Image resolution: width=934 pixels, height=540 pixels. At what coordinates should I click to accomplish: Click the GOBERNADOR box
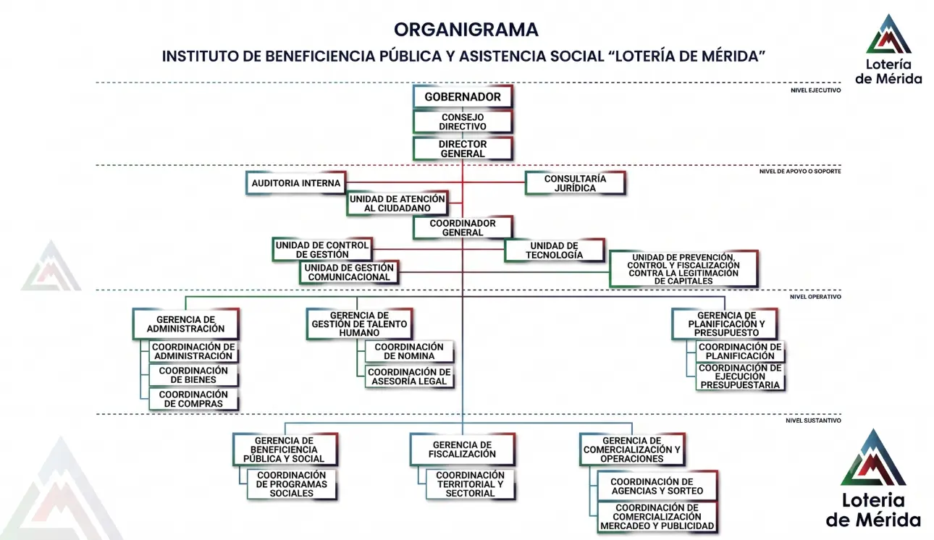[463, 97]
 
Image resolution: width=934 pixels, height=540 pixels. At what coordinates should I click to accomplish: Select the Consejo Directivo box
[463, 122]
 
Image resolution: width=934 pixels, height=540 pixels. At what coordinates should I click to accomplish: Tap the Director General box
[463, 149]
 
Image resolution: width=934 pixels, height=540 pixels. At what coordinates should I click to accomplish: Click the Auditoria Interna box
[296, 183]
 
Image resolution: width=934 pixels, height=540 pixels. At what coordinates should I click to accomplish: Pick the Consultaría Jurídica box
[576, 183]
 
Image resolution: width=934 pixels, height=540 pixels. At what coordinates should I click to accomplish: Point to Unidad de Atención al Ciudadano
[397, 203]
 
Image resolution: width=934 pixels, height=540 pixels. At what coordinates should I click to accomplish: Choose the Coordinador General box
[463, 228]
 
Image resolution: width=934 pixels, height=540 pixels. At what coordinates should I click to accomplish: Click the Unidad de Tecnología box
[555, 250]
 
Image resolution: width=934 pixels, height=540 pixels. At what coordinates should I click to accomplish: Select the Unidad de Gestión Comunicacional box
[349, 272]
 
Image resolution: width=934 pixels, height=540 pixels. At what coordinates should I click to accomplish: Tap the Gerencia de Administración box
[186, 324]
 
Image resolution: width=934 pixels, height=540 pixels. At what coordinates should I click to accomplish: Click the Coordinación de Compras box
[193, 399]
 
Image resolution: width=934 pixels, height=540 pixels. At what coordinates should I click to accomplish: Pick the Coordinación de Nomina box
[410, 352]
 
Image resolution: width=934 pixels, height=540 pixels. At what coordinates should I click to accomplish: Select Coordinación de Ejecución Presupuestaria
[740, 376]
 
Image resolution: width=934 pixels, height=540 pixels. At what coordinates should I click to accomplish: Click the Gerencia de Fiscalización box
[463, 450]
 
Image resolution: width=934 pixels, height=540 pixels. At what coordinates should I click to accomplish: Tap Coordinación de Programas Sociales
[292, 484]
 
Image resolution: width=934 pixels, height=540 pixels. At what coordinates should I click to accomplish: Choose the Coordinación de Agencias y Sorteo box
[657, 486]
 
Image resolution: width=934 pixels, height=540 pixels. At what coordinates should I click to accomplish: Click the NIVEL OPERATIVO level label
[815, 297]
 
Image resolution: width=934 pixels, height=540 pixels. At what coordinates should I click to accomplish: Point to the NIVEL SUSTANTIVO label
[813, 421]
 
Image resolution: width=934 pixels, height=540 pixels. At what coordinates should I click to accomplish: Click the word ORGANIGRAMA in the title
[466, 30]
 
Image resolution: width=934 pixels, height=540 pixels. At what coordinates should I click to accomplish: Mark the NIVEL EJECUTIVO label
[815, 90]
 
